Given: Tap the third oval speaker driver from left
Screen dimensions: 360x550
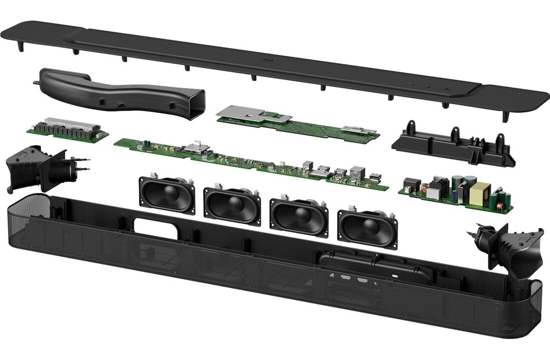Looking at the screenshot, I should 299,213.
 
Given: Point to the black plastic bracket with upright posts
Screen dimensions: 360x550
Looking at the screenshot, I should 453,144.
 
